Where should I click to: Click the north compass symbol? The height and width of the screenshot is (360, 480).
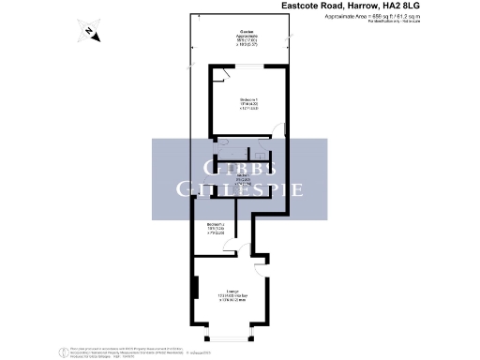87,33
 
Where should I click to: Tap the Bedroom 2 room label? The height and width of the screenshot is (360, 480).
217,226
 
